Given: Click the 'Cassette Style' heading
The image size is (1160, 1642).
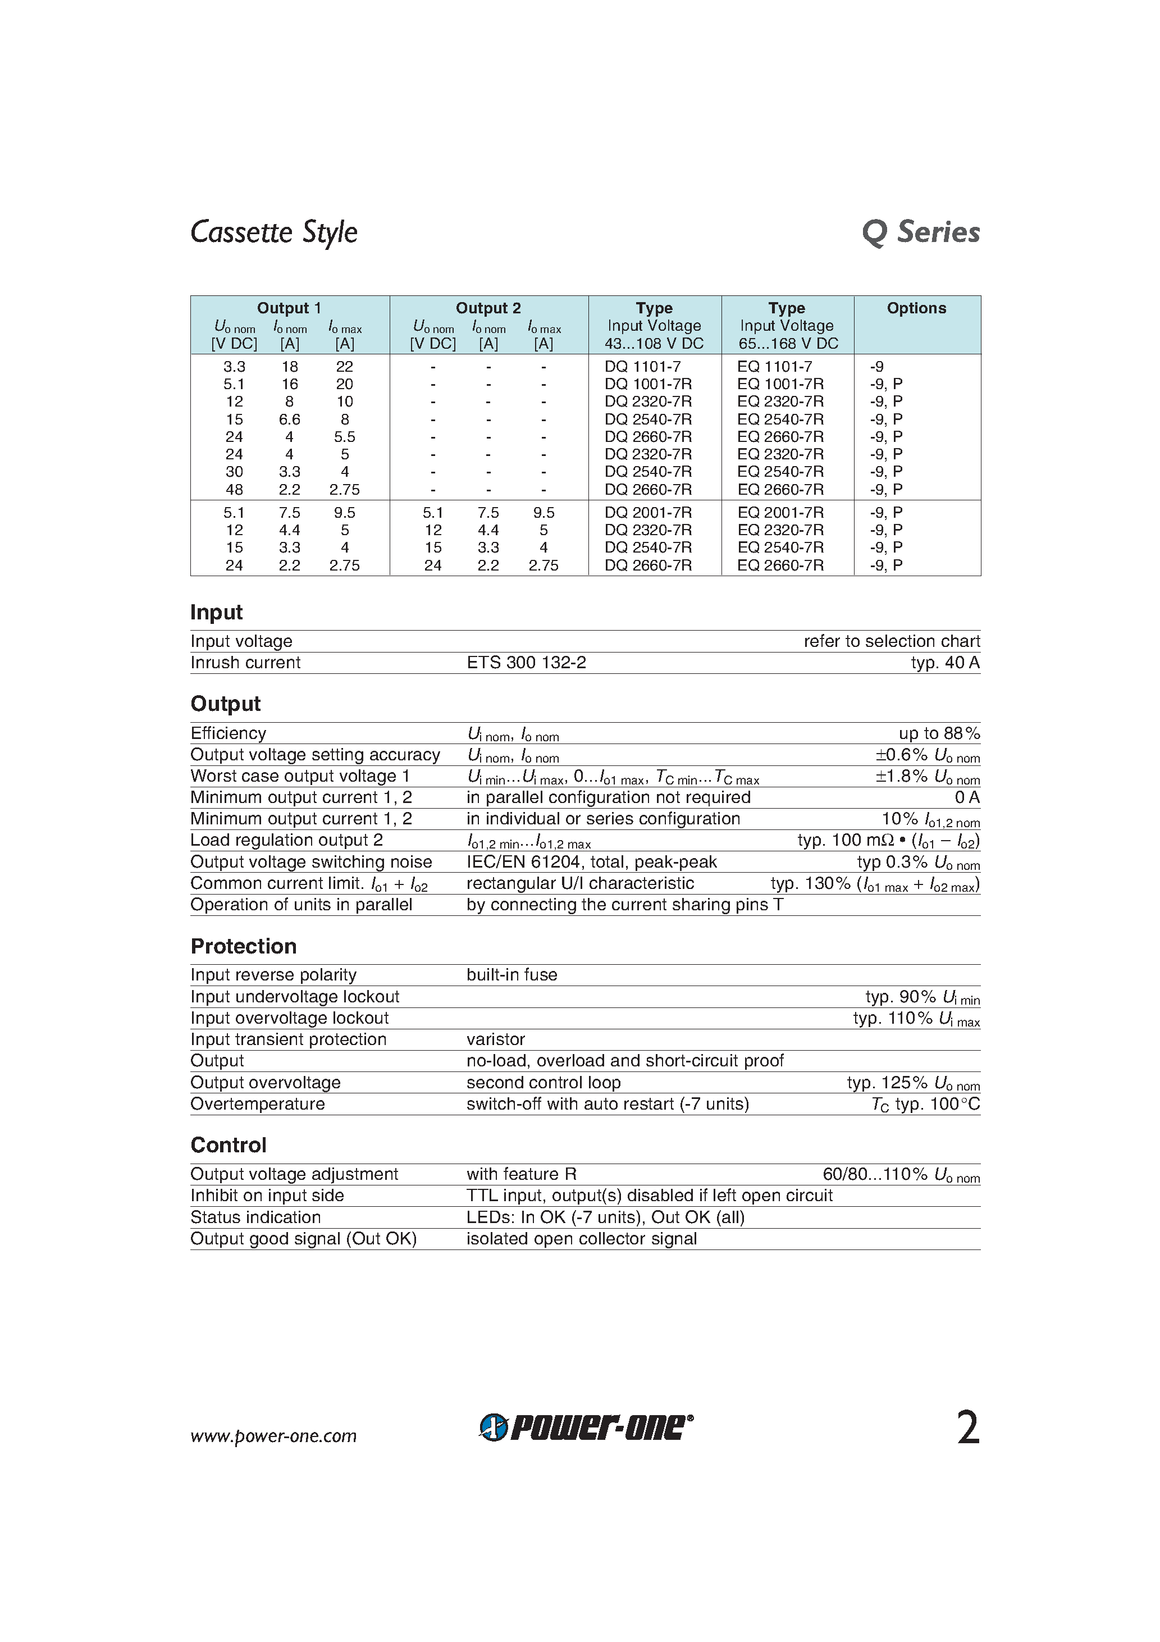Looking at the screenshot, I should [x=274, y=232].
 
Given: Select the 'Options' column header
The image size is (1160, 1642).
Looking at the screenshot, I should [x=916, y=308].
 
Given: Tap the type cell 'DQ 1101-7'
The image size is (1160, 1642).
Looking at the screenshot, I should [x=642, y=366].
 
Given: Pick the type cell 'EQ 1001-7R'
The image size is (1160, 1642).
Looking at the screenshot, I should [x=780, y=384].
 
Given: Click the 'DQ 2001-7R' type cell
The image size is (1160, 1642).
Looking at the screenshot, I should [x=648, y=513].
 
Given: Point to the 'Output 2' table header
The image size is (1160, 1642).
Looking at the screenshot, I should [x=488, y=308].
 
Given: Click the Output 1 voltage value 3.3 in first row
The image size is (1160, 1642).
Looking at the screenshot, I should [x=234, y=366].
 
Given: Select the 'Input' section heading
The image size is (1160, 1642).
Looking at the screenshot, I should [x=217, y=612].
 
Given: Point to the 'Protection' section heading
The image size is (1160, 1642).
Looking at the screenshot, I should [x=243, y=946].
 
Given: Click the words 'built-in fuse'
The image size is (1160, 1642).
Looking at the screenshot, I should [x=512, y=975].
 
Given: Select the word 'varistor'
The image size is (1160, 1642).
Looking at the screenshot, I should [x=496, y=1039].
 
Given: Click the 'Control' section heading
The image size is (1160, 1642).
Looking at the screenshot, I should [x=228, y=1145].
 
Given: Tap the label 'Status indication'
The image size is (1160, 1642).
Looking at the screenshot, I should [x=255, y=1217].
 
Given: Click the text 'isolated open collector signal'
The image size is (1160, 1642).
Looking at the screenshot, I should [x=582, y=1239].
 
